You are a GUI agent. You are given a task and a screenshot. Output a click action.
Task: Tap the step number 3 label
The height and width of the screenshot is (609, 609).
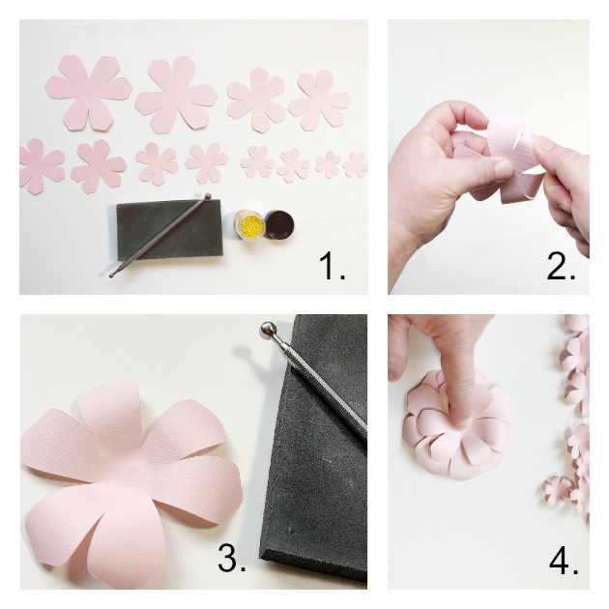[x=231, y=558]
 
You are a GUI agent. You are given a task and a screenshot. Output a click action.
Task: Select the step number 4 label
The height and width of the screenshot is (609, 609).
[x=561, y=558]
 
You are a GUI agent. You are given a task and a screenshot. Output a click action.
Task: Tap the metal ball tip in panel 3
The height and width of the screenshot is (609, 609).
[x=268, y=332]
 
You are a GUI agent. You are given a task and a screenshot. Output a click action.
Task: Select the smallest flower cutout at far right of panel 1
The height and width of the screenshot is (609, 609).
[x=356, y=164]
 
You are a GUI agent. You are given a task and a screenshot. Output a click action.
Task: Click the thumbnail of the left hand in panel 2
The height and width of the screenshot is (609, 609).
[x=502, y=167]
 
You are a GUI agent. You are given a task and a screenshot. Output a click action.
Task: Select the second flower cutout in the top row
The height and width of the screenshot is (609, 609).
[x=176, y=95]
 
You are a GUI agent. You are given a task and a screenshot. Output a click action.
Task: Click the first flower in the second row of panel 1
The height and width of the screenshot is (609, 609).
[x=40, y=164]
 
